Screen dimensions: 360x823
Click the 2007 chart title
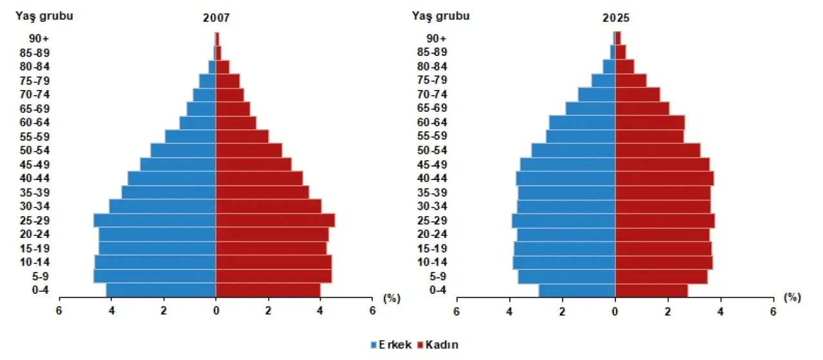coord(216,18)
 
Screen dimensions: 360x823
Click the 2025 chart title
coord(616,18)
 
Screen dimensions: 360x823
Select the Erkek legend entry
coord(391,345)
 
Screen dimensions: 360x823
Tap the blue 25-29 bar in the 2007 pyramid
coord(154,221)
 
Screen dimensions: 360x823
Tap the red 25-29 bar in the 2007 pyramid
coord(275,221)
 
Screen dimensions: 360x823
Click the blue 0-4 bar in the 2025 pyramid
coord(577,290)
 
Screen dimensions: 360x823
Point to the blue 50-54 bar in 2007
coord(183,150)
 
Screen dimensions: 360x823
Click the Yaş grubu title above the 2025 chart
coord(440,15)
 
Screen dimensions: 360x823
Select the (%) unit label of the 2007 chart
coord(391,298)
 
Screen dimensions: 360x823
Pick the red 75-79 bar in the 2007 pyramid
coord(228,80)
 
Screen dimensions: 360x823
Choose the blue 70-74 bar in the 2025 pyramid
coord(597,94)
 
